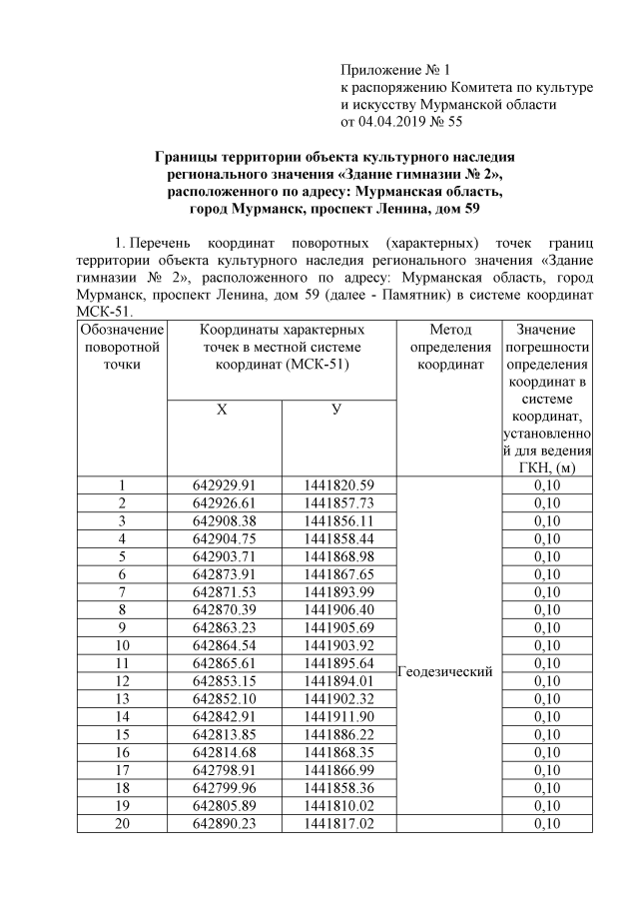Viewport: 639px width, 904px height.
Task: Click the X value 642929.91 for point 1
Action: (225, 484)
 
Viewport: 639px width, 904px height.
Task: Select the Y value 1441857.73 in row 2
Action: (339, 502)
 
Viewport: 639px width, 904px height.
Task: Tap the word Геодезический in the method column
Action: (444, 672)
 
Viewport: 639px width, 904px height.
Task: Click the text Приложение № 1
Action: (396, 70)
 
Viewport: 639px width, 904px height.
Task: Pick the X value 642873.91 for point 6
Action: (225, 573)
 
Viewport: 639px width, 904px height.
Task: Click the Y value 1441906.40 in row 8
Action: (339, 609)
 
